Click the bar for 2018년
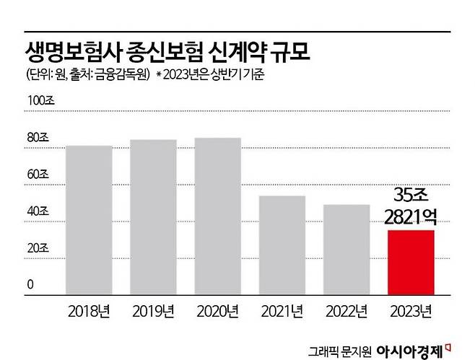click(x=89, y=220)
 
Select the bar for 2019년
click(x=153, y=217)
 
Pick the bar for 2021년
click(x=282, y=245)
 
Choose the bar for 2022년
click(x=347, y=250)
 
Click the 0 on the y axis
click(x=31, y=285)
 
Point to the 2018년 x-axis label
click(x=90, y=312)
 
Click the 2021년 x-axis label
click(x=282, y=312)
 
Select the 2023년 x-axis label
click(x=411, y=312)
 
